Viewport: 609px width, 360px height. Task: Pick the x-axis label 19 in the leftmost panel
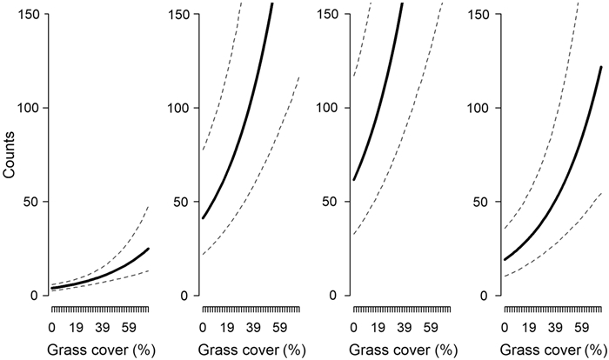(x=77, y=329)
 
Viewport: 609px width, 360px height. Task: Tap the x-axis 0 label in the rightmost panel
(x=505, y=329)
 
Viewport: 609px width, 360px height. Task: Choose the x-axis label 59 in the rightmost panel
(x=582, y=329)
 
